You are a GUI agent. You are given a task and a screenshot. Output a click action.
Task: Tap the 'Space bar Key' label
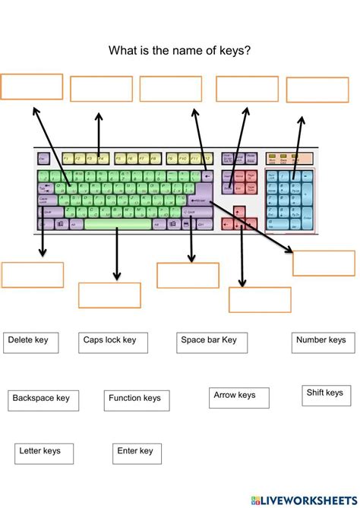210,342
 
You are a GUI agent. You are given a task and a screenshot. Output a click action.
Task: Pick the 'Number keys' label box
321,342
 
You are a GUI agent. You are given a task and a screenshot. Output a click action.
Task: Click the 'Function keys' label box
136,399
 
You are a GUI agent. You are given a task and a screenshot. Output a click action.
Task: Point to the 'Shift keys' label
325,395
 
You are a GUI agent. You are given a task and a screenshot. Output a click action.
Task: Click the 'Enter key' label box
137,453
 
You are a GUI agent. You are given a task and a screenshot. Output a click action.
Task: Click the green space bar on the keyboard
118,224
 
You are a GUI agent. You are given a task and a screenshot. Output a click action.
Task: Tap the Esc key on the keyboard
43,159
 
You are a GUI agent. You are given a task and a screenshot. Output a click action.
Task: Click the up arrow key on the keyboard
240,212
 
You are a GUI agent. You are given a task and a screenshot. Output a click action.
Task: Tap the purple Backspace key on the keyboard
207,175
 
